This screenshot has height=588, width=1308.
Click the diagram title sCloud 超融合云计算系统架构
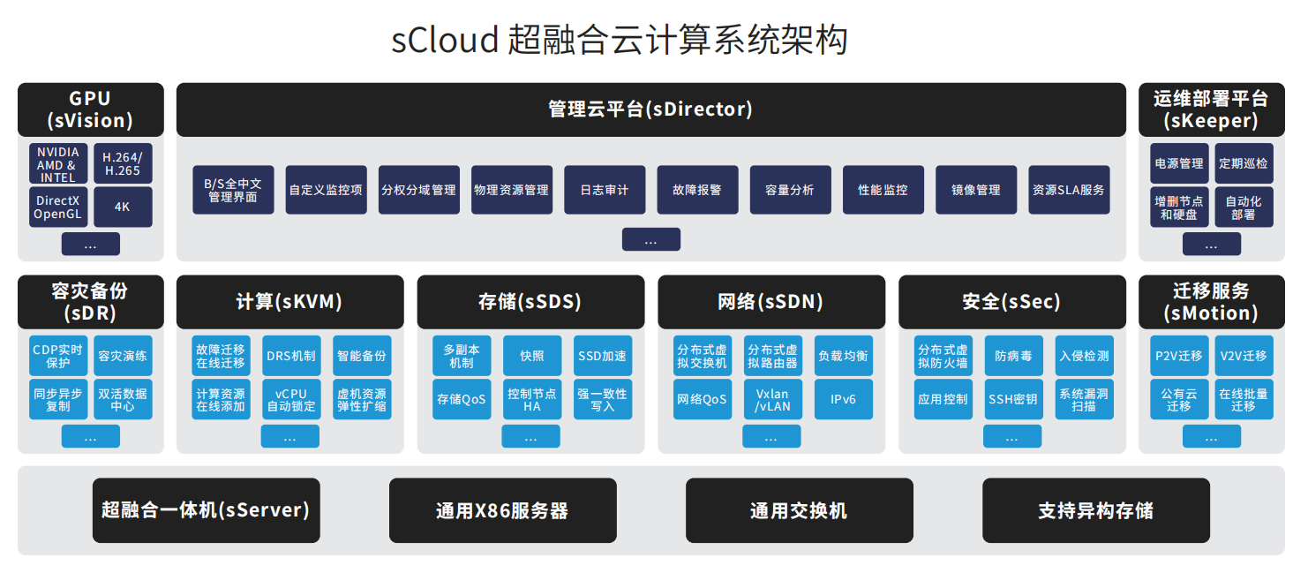(619, 40)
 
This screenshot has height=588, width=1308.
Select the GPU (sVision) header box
(91, 109)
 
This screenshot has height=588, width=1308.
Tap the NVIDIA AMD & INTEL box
(58, 163)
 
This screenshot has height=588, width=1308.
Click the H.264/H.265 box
(123, 163)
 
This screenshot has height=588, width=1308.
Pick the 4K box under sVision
(123, 207)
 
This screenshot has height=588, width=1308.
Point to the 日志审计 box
(605, 190)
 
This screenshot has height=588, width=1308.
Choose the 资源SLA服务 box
(1069, 190)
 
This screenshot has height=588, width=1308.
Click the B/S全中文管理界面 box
(233, 190)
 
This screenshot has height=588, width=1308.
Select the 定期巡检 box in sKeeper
(1244, 163)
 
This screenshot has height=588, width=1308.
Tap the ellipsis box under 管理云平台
(651, 239)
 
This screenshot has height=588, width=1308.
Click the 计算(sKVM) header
(289, 302)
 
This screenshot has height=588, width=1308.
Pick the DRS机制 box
(290, 356)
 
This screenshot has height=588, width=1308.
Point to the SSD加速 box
(603, 356)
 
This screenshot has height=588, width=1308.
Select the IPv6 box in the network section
(843, 399)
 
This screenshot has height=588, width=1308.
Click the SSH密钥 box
(1014, 399)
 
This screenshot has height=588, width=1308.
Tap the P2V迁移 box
(1179, 356)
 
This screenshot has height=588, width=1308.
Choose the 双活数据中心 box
(123, 399)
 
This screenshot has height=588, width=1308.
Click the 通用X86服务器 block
(503, 510)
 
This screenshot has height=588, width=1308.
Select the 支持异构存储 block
(1096, 510)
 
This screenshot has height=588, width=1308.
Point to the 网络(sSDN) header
(771, 302)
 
